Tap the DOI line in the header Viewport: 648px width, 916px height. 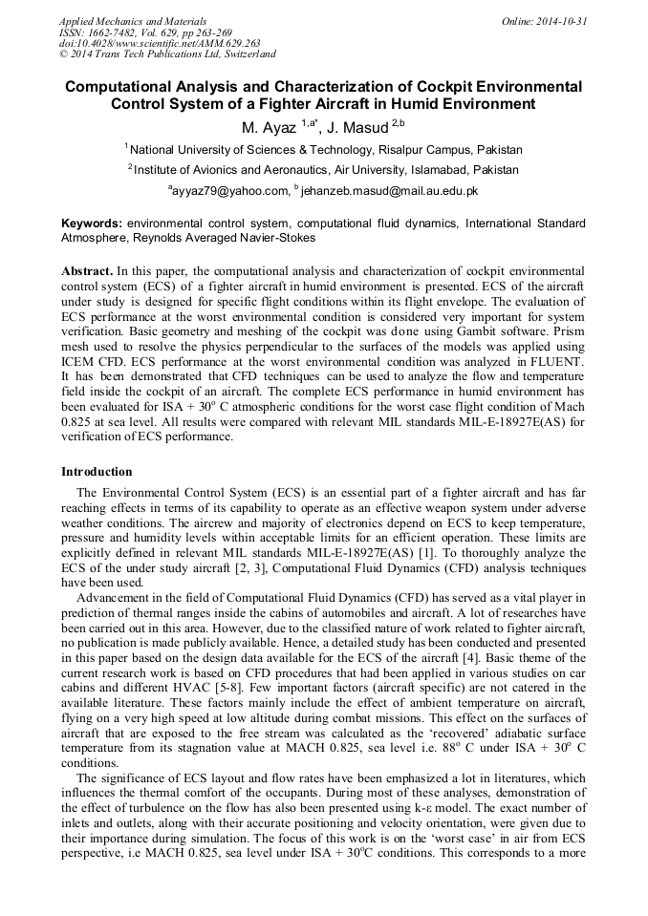160,44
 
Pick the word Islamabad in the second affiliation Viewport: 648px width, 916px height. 418,169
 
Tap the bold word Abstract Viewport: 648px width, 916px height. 88,271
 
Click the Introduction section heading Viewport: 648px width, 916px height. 97,472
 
